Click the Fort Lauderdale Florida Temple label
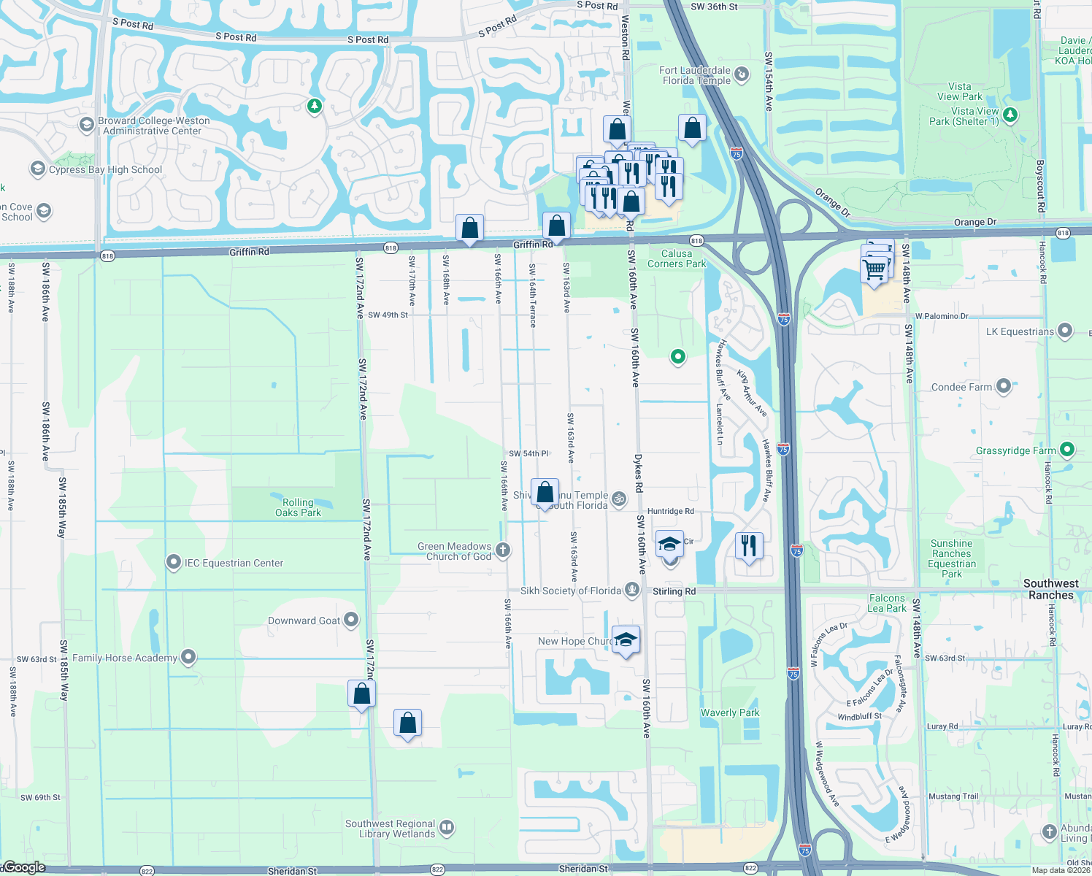click(696, 76)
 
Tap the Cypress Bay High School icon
click(37, 169)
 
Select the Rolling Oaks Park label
click(298, 507)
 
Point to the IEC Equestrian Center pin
click(173, 563)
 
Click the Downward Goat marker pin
click(351, 620)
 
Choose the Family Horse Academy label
click(124, 658)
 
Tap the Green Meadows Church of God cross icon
click(503, 550)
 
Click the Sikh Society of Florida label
click(570, 591)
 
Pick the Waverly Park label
click(730, 712)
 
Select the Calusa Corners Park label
click(677, 258)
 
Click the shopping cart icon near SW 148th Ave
click(874, 269)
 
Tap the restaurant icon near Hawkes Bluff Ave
click(749, 545)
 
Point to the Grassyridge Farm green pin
click(1066, 450)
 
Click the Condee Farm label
click(961, 387)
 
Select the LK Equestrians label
click(1020, 331)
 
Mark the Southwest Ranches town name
click(1050, 589)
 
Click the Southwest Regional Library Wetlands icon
click(447, 828)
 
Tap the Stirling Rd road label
click(674, 591)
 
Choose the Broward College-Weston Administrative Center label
click(153, 126)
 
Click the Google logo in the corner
click(24, 867)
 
